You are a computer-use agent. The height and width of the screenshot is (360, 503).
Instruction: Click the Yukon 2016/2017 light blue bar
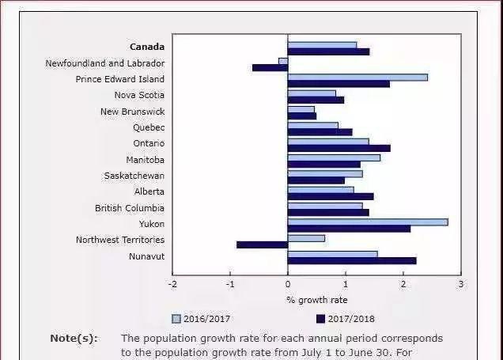[x=368, y=222]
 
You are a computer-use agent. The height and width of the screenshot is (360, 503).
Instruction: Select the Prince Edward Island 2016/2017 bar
[x=357, y=77]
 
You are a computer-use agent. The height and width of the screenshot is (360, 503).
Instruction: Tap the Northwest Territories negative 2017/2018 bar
[x=262, y=244]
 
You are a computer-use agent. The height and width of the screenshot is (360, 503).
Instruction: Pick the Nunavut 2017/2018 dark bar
[x=351, y=260]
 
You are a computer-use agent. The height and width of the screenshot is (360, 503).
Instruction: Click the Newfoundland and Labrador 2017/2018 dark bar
[x=270, y=67]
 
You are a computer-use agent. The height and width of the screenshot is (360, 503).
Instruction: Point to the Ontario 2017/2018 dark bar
[x=338, y=148]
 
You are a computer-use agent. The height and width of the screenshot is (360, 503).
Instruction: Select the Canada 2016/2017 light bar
[x=322, y=45]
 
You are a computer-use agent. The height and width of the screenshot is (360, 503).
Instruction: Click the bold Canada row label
[x=147, y=47]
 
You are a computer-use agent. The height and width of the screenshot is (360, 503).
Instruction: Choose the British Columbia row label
[x=130, y=208]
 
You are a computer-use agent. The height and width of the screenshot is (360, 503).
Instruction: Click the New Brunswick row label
[x=132, y=112]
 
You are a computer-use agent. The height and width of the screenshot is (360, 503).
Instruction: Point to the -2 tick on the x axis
[x=172, y=283]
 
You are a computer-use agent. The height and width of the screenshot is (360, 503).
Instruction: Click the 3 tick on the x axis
[x=460, y=283]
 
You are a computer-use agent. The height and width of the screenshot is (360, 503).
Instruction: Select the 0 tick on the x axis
[x=288, y=283]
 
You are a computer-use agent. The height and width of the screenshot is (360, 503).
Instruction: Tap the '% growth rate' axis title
[x=316, y=300]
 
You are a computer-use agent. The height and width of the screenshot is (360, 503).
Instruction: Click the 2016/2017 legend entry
[x=201, y=319]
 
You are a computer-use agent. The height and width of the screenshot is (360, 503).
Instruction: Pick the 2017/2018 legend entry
[x=345, y=319]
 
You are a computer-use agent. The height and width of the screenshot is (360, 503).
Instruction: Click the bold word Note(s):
[x=74, y=338]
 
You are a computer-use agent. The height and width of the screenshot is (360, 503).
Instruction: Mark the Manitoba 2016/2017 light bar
[x=334, y=157]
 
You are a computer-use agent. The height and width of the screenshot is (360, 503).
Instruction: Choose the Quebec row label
[x=149, y=127]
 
